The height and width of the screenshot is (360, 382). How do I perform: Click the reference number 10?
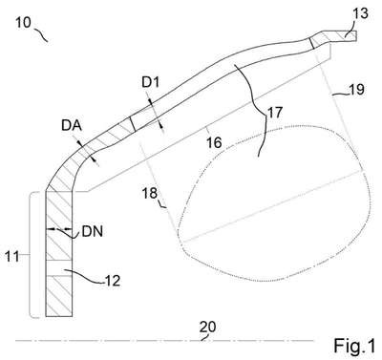24,23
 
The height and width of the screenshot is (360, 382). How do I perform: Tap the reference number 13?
361,13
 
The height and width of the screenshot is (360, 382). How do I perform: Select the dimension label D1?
150,83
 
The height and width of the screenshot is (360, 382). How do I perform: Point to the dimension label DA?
72,126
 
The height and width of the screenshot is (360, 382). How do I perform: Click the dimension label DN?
93,232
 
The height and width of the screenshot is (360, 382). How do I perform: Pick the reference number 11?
11,256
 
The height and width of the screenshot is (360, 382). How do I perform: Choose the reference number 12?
113,281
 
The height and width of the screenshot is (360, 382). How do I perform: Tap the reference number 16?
214,143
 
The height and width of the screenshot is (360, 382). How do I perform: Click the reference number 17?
274,113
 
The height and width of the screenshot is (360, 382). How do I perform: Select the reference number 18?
150,193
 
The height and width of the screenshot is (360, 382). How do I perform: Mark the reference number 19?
356,90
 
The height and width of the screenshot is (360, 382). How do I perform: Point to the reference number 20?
207,327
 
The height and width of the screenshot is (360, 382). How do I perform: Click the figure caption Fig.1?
354,347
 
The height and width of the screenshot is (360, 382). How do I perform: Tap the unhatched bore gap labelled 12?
59,268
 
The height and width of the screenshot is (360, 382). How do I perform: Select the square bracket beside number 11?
35,255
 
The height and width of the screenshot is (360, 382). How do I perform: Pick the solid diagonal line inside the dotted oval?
273,206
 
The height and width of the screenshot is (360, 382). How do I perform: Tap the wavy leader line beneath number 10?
41,34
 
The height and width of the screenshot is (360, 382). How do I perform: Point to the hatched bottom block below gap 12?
59,296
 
